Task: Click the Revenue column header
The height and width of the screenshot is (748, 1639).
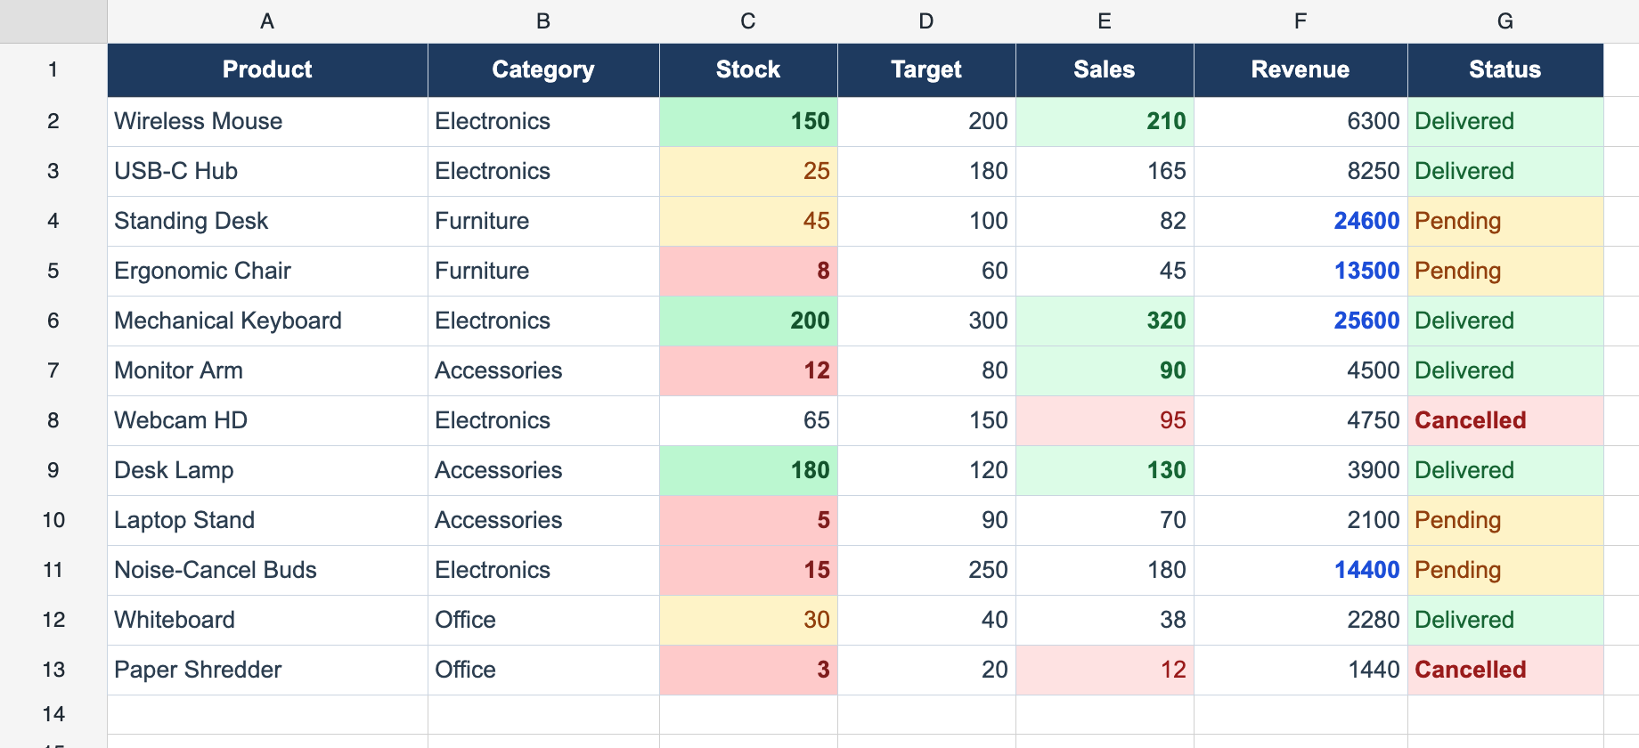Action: click(1301, 69)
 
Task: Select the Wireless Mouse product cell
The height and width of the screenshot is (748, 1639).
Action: click(267, 121)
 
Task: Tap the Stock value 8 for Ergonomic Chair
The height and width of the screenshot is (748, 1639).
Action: click(748, 271)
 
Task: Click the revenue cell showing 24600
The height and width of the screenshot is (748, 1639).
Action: click(1301, 221)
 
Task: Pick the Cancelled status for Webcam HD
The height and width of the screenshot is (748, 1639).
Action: click(1505, 420)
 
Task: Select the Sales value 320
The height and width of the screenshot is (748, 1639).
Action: click(1105, 321)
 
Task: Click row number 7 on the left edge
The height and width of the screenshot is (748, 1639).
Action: click(53, 370)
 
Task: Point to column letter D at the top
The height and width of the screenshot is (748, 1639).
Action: click(926, 21)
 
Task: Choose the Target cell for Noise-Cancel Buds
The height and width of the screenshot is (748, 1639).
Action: click(926, 570)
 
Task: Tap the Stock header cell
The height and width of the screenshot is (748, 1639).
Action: click(748, 69)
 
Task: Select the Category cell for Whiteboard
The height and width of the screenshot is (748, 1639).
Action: click(543, 620)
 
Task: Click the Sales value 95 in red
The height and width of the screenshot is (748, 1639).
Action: click(1105, 420)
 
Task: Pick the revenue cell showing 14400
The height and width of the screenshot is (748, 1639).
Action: click(1301, 570)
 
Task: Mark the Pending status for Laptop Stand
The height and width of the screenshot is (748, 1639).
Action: click(1505, 520)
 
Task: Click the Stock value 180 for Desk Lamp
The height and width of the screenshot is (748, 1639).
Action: click(748, 470)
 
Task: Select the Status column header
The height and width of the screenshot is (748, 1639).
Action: click(1505, 69)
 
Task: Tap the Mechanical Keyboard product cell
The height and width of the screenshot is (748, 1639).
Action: click(267, 321)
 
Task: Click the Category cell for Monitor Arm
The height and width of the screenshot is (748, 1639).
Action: click(543, 370)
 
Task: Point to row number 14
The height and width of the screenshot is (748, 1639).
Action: click(53, 714)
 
